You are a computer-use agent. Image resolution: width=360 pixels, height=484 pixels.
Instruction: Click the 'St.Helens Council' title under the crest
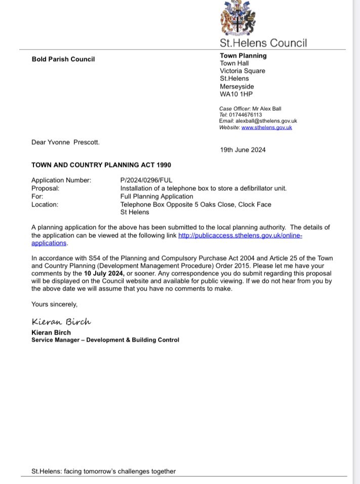pos(263,43)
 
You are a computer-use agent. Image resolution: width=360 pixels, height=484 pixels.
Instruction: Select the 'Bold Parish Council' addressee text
pos(63,59)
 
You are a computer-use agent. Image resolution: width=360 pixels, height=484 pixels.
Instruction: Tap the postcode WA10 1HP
pos(234,94)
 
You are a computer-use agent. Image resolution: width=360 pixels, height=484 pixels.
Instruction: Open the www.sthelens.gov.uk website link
pos(266,128)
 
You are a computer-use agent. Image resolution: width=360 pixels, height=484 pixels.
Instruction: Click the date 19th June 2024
pos(243,150)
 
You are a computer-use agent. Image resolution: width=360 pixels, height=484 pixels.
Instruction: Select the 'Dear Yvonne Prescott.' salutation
pos(65,142)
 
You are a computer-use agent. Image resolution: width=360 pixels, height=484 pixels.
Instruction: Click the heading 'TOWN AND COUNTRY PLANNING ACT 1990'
pos(101,165)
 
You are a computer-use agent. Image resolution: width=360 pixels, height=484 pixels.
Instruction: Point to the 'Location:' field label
pos(45,205)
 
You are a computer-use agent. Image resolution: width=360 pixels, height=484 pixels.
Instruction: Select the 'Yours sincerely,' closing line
pos(54,304)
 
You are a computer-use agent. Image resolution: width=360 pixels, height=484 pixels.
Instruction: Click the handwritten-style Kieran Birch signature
pos(61,322)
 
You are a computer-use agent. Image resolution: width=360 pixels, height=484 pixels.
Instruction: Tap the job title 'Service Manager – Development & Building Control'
pos(105,340)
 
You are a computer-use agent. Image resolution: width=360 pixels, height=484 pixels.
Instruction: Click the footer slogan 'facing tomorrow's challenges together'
pos(122,471)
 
